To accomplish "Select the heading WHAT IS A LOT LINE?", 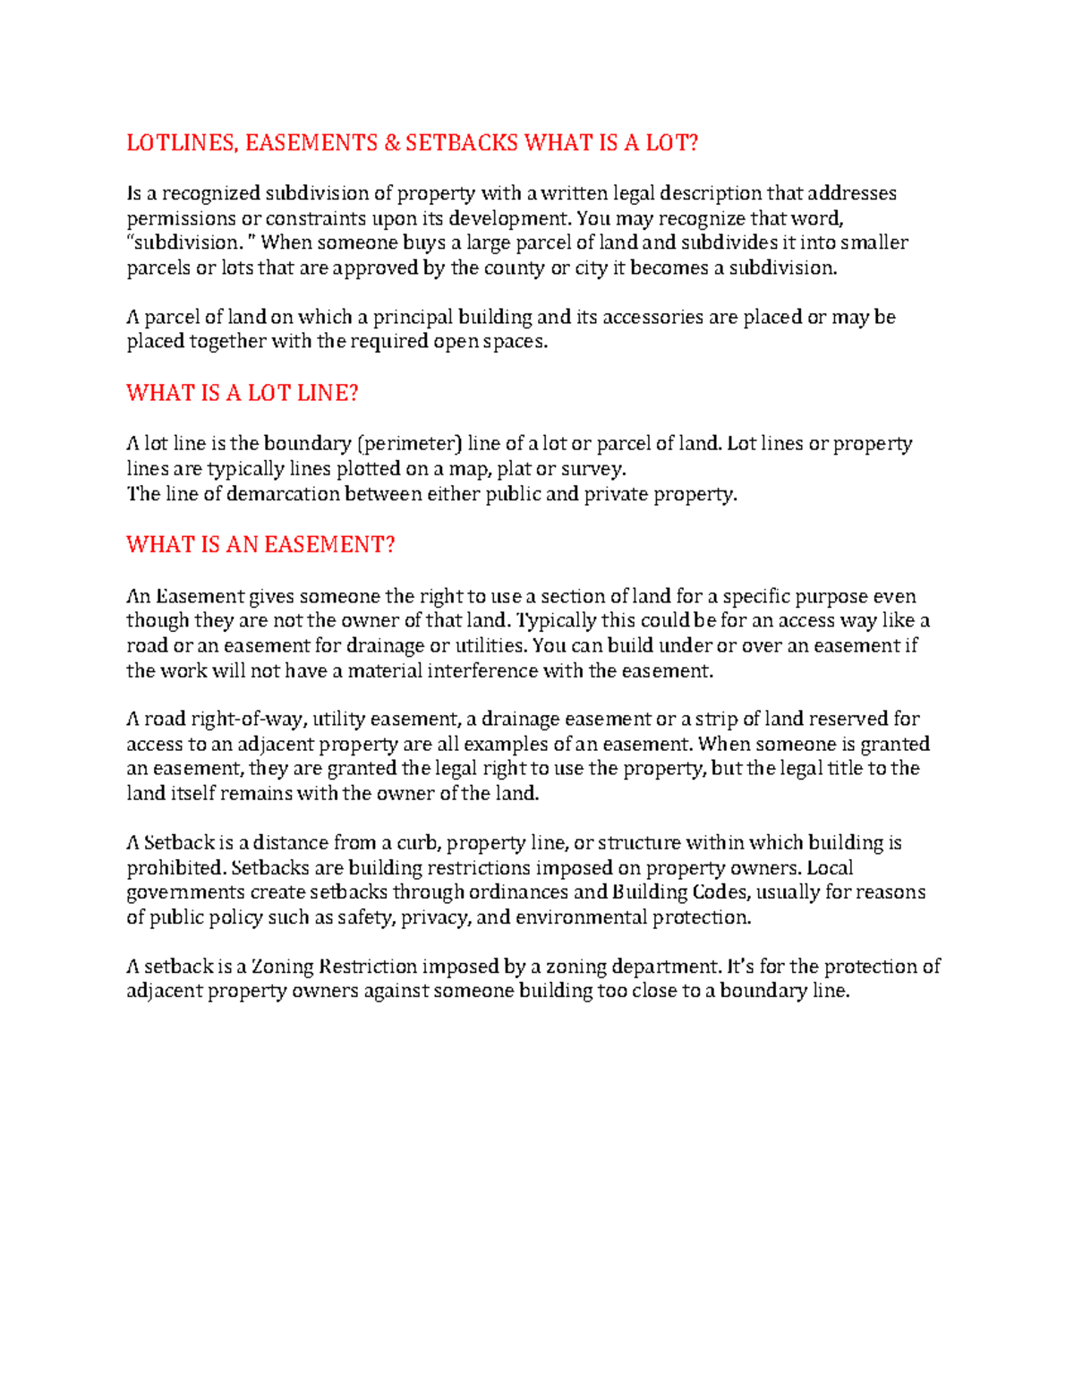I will [242, 393].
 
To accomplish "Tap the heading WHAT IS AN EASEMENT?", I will [260, 545].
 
